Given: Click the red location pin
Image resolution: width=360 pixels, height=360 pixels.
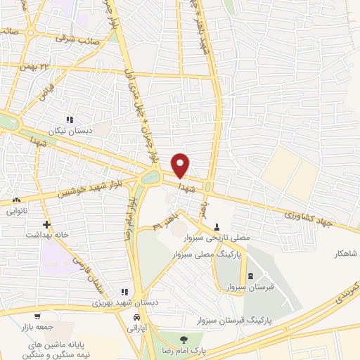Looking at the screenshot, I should tap(181, 165).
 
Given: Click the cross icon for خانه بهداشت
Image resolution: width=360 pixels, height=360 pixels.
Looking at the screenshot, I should tap(46, 225).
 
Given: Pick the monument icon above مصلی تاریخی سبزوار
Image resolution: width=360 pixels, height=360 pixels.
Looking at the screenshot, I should tap(217, 227).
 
